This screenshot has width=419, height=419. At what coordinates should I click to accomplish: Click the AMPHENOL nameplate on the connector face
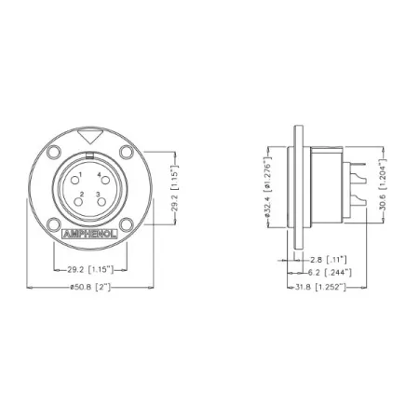point(90,234)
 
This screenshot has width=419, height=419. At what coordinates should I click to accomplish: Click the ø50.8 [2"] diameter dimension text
point(90,288)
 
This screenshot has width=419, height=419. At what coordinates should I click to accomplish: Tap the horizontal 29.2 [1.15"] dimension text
point(90,270)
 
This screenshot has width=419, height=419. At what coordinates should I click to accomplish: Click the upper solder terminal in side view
point(358,171)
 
